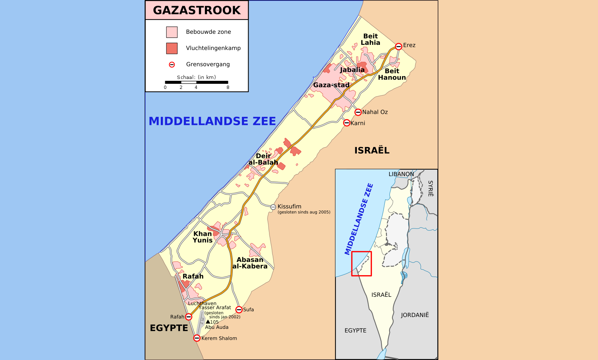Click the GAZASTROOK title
tap(197, 10)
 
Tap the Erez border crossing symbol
tap(398, 46)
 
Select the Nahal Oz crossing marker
tap(358, 112)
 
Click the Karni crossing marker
tap(347, 123)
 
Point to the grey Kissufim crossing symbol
tap(273, 207)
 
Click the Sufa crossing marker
tap(239, 310)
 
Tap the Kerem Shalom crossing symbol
tap(197, 338)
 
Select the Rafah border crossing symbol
tap(188, 317)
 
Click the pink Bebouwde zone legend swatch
tap(172, 32)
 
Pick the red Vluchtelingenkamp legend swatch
tap(172, 48)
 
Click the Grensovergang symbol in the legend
tap(172, 65)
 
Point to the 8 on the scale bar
tap(228, 87)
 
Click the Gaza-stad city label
tap(331, 85)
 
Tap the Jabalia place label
tap(352, 69)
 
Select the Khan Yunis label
tap(203, 237)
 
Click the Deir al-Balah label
tap(263, 159)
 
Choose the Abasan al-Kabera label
tap(250, 263)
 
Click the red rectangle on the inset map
tap(362, 264)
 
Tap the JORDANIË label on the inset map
tap(415, 315)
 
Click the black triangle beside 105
tap(208, 321)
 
